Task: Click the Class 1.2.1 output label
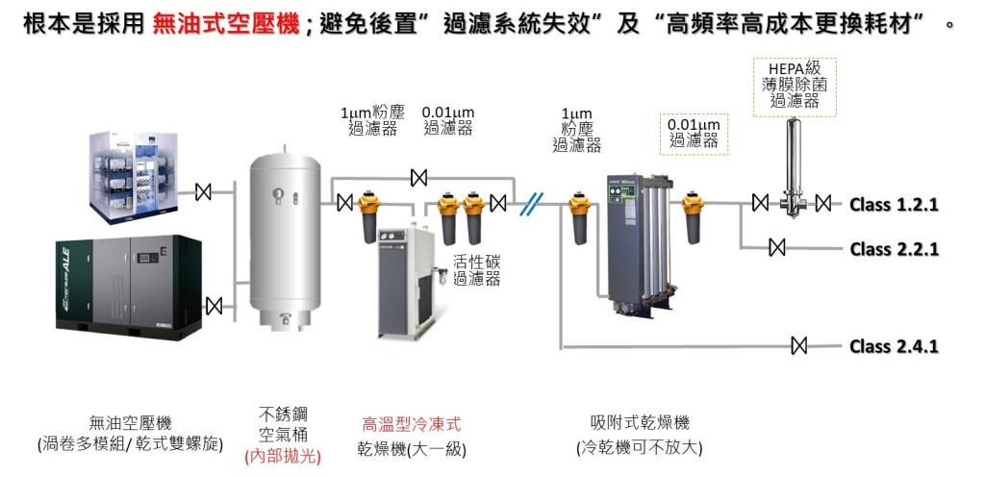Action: click(894, 204)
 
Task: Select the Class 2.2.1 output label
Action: click(894, 249)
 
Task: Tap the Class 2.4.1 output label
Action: click(894, 346)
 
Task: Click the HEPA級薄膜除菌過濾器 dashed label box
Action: click(794, 86)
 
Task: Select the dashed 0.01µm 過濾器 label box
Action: click(694, 133)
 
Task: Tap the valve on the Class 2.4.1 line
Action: click(797, 346)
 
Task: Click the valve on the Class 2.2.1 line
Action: click(776, 248)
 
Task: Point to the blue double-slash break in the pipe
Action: click(531, 204)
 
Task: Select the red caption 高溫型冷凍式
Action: click(412, 424)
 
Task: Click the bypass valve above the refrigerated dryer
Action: click(418, 178)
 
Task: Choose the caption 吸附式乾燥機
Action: click(640, 424)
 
